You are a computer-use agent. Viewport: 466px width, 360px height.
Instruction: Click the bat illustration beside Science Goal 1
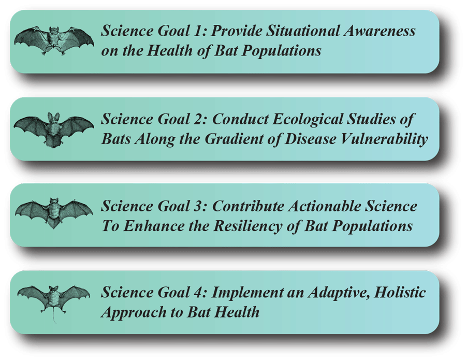point(53,40)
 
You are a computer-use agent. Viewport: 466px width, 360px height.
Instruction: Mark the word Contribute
point(245,206)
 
